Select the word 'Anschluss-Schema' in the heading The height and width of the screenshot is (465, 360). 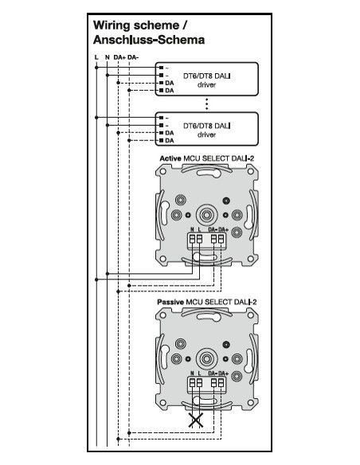point(149,39)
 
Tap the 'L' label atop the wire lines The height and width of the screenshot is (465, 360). point(96,57)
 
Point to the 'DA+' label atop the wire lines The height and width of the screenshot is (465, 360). point(118,57)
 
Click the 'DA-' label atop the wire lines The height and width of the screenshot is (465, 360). point(132,57)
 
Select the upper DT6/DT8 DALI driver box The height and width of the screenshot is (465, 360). point(207,77)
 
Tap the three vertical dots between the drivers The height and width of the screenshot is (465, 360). point(207,104)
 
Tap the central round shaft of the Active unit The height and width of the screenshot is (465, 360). point(206,213)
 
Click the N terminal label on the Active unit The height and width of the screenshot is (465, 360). point(194,229)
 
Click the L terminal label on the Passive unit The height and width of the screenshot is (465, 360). point(200,373)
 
